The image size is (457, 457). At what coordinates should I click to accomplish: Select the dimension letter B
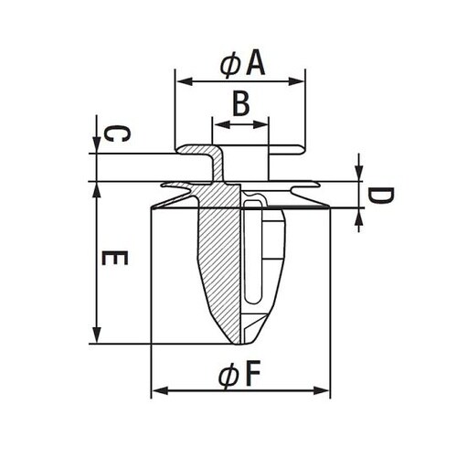[x=241, y=104]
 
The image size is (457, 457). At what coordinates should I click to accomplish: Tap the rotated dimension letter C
[x=117, y=134]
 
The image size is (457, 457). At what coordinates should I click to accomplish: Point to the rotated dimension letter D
[x=381, y=196]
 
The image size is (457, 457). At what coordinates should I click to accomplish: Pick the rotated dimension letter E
[x=114, y=258]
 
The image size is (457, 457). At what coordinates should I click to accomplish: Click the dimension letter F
[x=252, y=373]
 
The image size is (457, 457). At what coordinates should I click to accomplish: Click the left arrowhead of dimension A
[x=185, y=81]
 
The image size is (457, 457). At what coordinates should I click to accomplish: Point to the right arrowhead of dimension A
[x=296, y=81]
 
